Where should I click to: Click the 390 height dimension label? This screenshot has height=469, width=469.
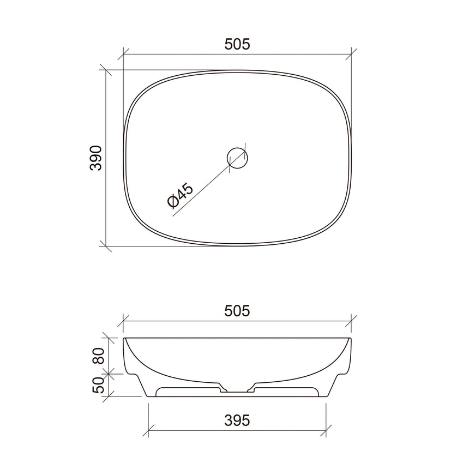[95, 158]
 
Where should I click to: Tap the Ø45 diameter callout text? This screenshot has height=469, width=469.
[179, 196]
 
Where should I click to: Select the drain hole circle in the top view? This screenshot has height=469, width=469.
[237, 158]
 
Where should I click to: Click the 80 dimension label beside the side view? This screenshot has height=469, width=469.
[98, 357]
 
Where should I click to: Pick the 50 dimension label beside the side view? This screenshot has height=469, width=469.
[98, 384]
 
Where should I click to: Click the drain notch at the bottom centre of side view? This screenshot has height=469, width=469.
[237, 391]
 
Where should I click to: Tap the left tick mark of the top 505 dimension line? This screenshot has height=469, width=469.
[124, 54]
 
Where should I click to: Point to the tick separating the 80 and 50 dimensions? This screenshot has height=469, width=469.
[109, 374]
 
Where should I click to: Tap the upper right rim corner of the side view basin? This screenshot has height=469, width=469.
[351, 339]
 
